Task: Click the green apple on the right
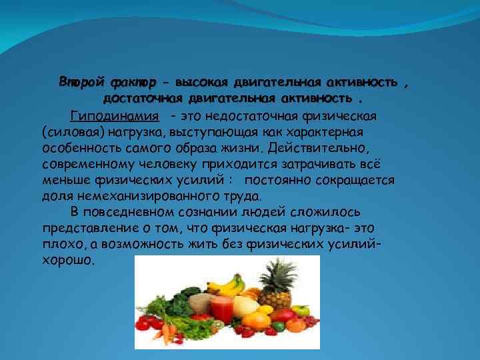click(300, 311)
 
